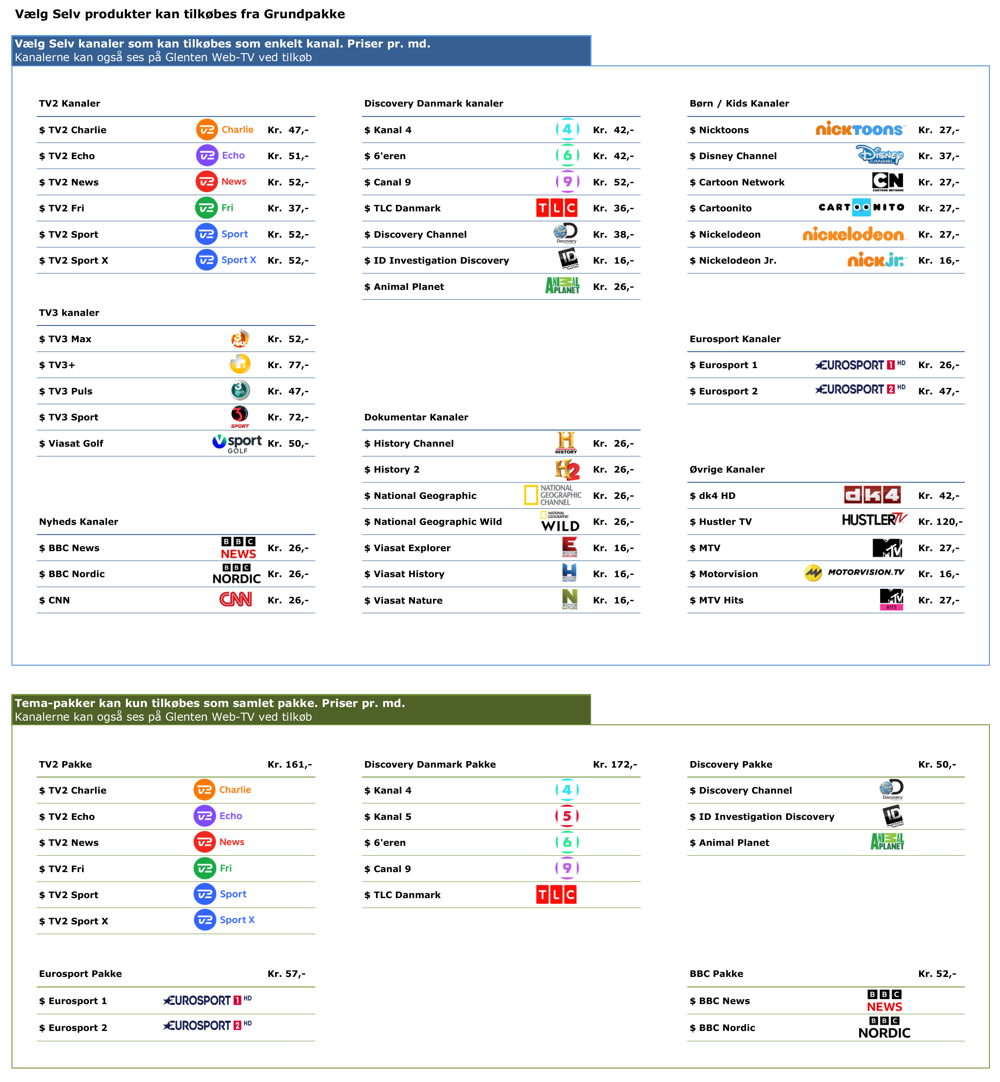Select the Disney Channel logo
(x=880, y=155)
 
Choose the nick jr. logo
(x=877, y=260)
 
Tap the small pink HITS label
(x=891, y=607)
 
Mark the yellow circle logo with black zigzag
(x=813, y=573)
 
